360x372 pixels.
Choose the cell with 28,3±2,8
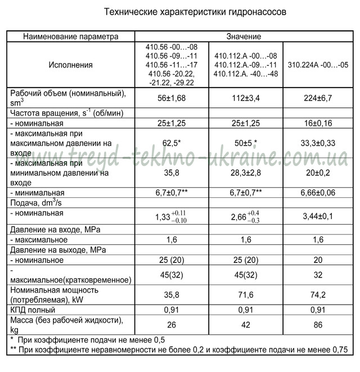tap(245, 173)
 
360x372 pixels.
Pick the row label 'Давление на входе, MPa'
tap(54, 229)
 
